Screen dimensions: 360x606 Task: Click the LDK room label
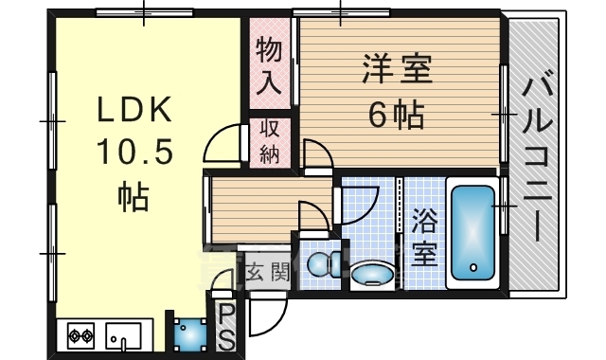coord(134,112)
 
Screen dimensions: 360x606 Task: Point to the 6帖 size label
coord(396,117)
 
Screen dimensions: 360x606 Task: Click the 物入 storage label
coord(270,65)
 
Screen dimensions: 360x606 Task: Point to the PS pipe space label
coord(227,325)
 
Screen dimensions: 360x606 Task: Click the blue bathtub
coord(472,232)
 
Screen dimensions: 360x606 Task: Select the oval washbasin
coord(371,277)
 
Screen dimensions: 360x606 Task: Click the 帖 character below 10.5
coord(132,196)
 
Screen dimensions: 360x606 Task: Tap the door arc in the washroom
coord(360,205)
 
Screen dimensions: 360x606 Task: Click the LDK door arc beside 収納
coord(223,147)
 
